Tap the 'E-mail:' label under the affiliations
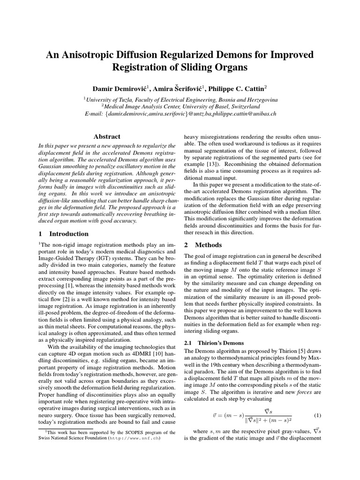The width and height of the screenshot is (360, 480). pyautogui.click(x=94, y=113)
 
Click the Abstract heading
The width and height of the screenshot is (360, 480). pyautogui.click(x=107, y=136)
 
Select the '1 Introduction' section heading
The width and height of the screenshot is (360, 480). pyautogui.click(x=63, y=233)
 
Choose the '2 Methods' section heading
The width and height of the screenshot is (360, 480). pyautogui.click(x=203, y=245)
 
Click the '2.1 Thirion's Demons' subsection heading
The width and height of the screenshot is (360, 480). pyautogui.click(x=211, y=343)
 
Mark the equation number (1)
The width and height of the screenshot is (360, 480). pyautogui.click(x=317, y=415)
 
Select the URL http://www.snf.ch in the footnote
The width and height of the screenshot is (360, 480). pyautogui.click(x=134, y=439)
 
